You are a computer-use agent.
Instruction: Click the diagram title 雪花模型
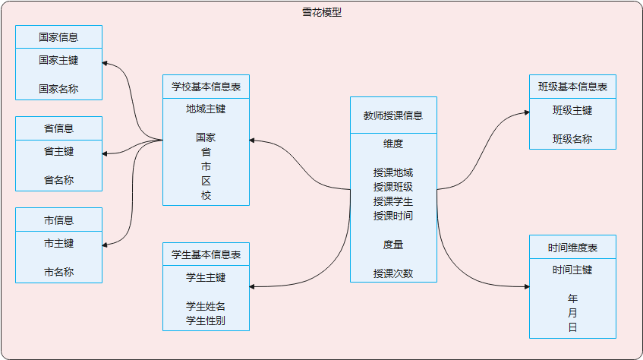322,12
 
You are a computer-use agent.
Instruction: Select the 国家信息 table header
58,36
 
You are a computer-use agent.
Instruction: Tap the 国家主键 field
58,60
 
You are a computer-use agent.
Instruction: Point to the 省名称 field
58,180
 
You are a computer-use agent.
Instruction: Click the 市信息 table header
58,220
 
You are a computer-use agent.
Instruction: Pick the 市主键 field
58,244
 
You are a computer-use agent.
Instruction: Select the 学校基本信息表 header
206,87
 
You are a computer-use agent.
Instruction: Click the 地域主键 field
206,109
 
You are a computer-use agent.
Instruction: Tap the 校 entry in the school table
206,195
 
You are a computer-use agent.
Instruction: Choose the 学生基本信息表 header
206,254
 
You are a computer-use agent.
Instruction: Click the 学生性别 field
206,321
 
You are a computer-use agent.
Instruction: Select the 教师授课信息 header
393,115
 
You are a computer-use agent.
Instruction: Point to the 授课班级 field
393,187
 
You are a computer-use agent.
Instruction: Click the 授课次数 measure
393,273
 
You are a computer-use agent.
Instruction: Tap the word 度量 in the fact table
393,245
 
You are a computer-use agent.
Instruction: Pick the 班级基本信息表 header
572,87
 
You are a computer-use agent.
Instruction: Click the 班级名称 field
572,139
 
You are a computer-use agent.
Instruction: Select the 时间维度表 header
572,248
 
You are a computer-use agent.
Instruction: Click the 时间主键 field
572,270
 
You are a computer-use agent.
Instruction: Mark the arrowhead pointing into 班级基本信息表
526,112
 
